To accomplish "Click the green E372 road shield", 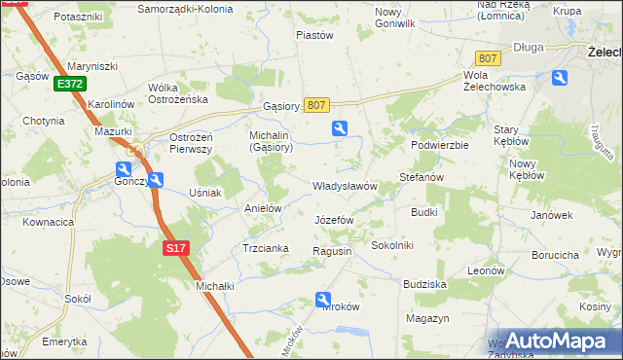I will (69, 85).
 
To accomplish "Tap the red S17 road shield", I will (174, 249).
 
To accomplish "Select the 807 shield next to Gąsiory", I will (316, 104).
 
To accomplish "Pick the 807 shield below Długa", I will (488, 58).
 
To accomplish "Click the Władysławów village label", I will (344, 186).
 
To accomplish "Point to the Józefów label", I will (334, 220).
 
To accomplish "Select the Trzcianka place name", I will (265, 248).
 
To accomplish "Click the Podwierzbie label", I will (440, 144).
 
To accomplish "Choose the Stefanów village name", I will (421, 178).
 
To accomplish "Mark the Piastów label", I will (314, 35).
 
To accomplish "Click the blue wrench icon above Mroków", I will (327, 303).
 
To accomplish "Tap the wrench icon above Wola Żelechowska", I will (560, 78).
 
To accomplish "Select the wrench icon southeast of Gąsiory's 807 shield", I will (339, 127).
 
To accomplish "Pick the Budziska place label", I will (423, 284).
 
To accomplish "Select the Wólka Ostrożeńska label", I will (178, 93).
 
